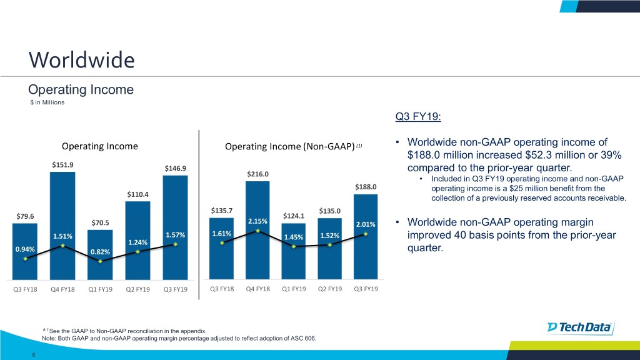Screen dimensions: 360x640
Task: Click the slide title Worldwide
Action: [x=81, y=60]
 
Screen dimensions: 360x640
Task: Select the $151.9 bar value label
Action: [x=62, y=164]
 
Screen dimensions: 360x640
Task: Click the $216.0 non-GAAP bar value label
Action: [x=257, y=174]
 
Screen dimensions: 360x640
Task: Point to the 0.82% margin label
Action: [x=100, y=252]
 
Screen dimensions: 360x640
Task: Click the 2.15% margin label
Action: [x=257, y=221]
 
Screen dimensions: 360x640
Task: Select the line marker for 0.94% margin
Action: [x=26, y=259]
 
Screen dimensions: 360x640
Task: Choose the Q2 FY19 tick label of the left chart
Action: [x=137, y=289]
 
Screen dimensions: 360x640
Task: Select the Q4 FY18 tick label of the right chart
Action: [x=258, y=289]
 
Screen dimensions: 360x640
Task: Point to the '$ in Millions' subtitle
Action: [x=47, y=102]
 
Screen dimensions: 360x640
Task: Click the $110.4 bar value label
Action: [x=137, y=194]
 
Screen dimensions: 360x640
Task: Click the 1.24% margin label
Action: [x=137, y=242]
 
